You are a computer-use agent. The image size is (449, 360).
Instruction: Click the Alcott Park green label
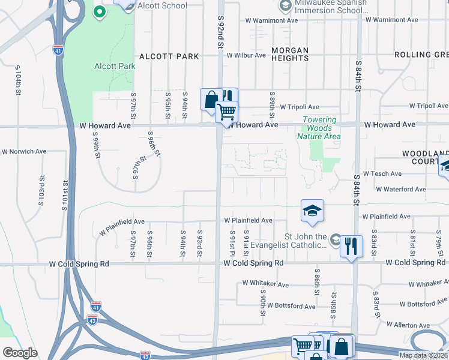[x=115, y=67]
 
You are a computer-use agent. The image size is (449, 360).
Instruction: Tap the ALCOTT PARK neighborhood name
[x=169, y=56]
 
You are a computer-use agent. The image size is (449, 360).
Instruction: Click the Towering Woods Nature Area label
[x=319, y=128]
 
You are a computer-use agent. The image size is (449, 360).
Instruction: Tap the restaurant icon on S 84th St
[x=351, y=245]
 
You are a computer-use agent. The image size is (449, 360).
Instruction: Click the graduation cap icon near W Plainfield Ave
[x=312, y=211]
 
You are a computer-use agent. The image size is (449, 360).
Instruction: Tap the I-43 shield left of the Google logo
[x=145, y=355]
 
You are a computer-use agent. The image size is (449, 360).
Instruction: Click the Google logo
[x=20, y=353]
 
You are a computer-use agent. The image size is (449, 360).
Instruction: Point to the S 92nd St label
[x=220, y=33]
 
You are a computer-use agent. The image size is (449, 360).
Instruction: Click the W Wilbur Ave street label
[x=246, y=55]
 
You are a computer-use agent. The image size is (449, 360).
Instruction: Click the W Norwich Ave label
[x=24, y=152]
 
